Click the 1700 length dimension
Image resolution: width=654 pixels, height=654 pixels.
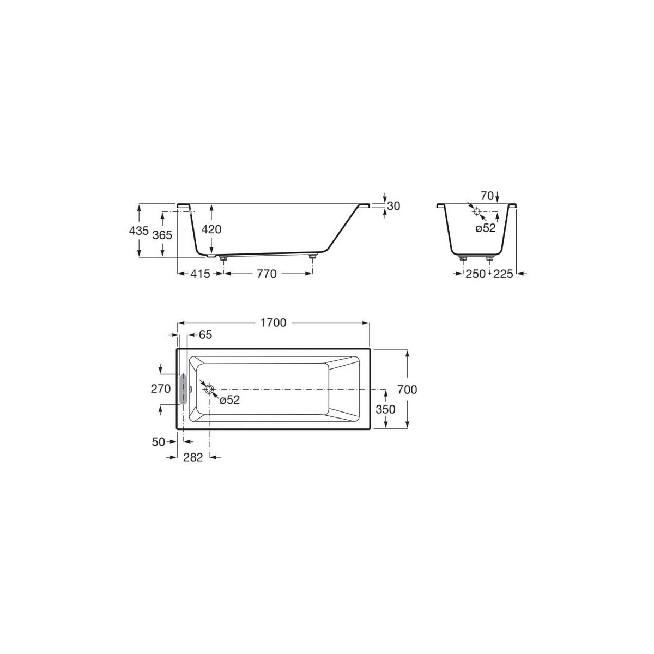coord(273,323)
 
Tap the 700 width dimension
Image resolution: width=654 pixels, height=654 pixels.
coord(408,390)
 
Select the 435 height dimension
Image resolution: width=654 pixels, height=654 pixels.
coord(139,231)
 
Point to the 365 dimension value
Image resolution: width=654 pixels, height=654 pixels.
coord(162,235)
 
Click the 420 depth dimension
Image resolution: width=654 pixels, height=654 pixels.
coord(211,229)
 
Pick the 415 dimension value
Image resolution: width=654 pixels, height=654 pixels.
coord(201,274)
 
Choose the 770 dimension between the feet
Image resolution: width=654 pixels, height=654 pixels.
coord(267,274)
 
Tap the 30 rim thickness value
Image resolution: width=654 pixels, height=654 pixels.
coord(394,205)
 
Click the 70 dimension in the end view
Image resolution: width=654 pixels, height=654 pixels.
coord(487,195)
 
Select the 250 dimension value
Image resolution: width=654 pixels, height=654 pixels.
coord(476,274)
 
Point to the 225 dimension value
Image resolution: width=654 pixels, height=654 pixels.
coord(503,274)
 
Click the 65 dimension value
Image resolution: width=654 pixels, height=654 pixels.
coord(205,335)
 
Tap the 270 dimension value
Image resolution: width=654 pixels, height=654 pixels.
coord(161,389)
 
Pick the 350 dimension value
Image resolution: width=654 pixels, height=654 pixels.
coord(386,409)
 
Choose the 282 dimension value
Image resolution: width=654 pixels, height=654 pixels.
coord(192,457)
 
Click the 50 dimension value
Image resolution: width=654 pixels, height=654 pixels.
coord(159,442)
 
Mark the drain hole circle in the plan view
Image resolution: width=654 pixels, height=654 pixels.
coord(209,389)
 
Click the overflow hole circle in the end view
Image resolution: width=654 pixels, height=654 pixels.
coord(476,211)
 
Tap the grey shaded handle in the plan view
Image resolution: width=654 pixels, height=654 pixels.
coord(183,389)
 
